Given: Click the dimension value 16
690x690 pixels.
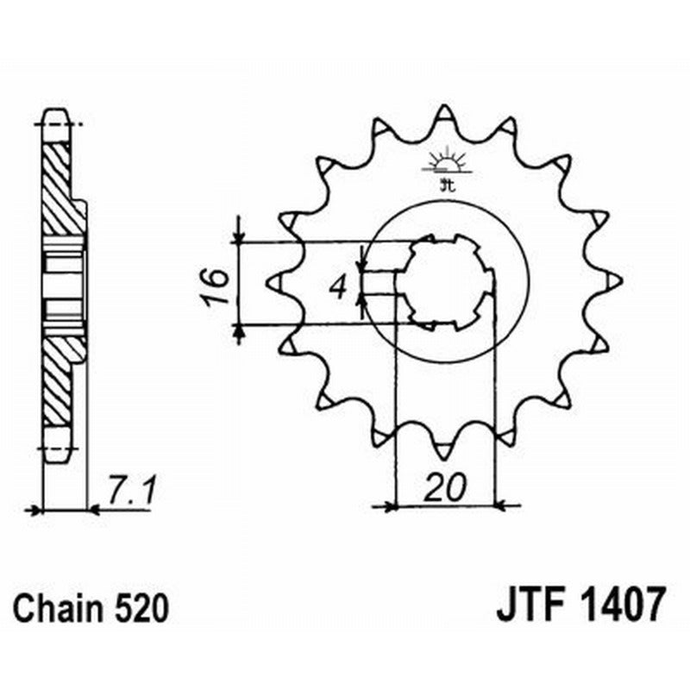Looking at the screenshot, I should point(216,285).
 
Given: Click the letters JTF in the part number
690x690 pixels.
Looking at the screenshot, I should point(529,605).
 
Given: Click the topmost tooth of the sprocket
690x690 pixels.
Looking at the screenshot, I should point(445,115).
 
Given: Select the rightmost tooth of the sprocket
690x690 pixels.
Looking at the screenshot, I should point(614,281).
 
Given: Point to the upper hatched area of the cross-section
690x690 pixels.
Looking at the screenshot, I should point(60,185).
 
